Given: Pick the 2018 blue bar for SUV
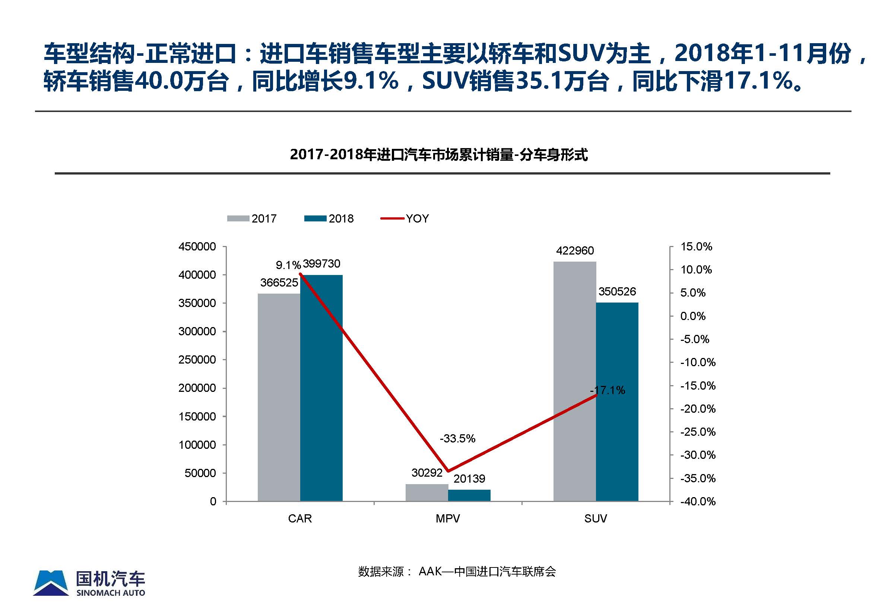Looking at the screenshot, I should pos(617,402).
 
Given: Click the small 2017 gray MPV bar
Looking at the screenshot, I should pos(426,492).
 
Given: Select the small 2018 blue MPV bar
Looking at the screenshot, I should pos(469,495).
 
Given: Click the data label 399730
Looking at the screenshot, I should pos(321,264).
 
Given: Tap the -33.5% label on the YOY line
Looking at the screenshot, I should pos(457,438).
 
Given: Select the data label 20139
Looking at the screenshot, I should pos(469,479).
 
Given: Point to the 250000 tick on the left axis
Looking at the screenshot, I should pos(197,360).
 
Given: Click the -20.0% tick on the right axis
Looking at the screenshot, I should pos(697,409).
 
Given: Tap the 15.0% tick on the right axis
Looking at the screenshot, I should pos(696,247).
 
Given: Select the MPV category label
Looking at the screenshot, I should pos(447,519).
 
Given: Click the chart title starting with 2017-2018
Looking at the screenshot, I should pos(439,155).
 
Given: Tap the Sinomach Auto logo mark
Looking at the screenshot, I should pos(51,583).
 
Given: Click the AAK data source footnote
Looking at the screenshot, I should pos(457,572).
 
